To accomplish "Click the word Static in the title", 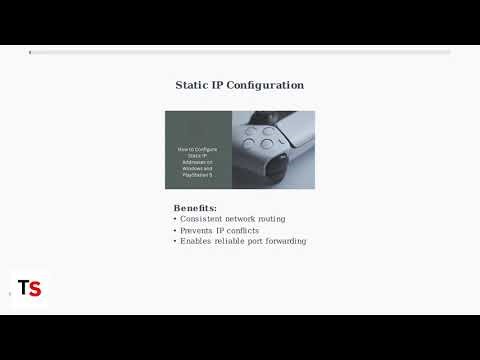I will (x=195, y=86).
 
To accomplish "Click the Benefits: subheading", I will (x=195, y=208).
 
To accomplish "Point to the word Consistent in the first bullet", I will (x=204, y=219).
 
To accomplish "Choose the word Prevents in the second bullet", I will (x=200, y=230).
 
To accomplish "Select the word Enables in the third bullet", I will (x=197, y=241).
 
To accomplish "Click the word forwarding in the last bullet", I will (x=284, y=241).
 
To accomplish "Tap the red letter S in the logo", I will (x=35, y=288).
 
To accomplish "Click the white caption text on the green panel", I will (x=198, y=161).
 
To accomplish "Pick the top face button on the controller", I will (x=268, y=130).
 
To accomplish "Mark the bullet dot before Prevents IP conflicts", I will (x=175, y=230).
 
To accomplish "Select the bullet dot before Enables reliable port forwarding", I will (x=175, y=241).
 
